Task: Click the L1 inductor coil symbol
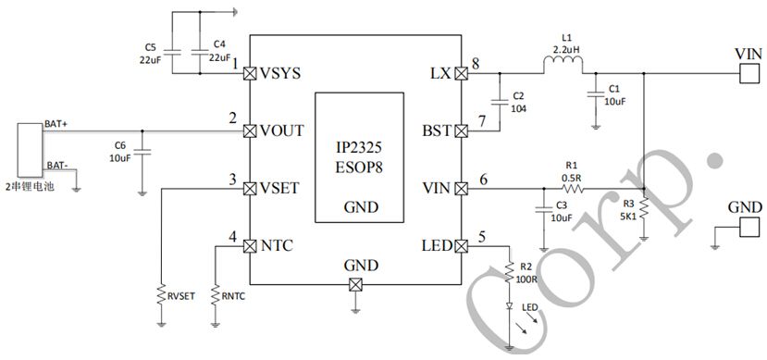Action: tap(563, 65)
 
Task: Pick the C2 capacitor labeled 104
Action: tap(501, 101)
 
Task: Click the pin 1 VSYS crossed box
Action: tap(249, 72)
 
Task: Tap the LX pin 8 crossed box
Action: tap(462, 72)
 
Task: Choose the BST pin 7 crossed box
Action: tap(462, 130)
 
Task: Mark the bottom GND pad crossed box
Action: tap(354, 284)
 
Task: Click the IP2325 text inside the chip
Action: tap(360, 148)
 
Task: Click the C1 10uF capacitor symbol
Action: tap(593, 93)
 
